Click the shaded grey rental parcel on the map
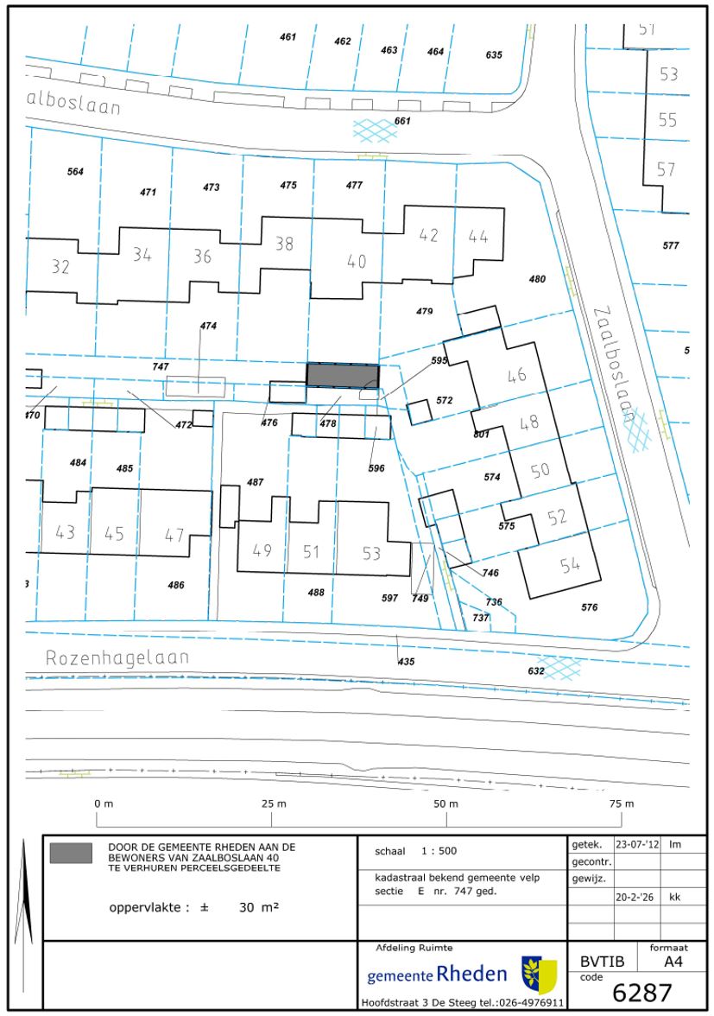[x=342, y=375]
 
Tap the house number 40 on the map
[x=356, y=261]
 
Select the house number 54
[x=570, y=565]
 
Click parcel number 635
[x=494, y=55]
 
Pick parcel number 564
[x=75, y=172]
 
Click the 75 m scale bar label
[x=622, y=803]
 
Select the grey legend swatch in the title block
[x=71, y=853]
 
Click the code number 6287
[x=642, y=993]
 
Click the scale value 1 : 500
[x=439, y=852]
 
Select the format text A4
[x=673, y=962]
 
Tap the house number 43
[x=65, y=532]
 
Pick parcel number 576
[x=589, y=608]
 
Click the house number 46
[x=516, y=375]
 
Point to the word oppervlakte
[x=145, y=908]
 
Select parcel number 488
[x=316, y=593]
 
